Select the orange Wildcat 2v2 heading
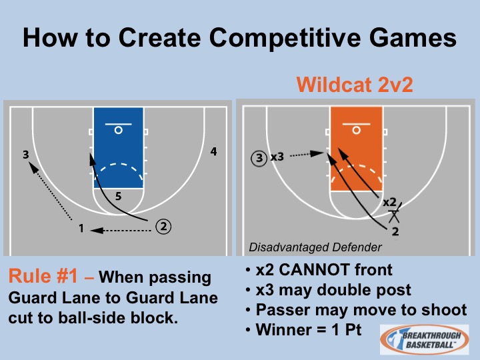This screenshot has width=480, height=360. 355,85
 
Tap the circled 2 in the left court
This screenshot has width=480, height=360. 163,227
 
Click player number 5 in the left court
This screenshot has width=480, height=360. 119,196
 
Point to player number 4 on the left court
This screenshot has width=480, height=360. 214,151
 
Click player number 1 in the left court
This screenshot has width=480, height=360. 81,228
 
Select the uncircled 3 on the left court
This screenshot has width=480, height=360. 26,155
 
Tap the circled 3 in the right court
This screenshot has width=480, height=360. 259,158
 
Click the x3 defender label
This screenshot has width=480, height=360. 277,157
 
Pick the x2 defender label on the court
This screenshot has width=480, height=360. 390,202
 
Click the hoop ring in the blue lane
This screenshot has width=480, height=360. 119,130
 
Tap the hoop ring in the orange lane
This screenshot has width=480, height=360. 356,130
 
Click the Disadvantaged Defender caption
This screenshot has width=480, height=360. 315,247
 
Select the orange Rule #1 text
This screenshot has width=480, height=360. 43,276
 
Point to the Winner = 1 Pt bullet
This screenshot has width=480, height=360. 309,330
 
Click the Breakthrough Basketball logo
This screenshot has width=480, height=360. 424,339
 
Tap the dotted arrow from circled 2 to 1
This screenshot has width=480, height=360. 121,230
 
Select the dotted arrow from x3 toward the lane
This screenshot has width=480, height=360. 307,154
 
